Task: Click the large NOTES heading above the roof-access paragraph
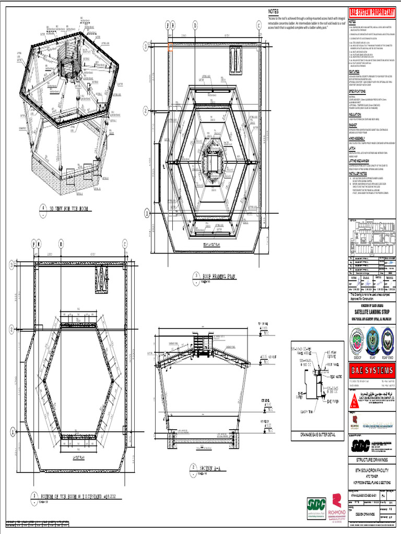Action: coord(274,11)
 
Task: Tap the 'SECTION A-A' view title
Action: coord(204,467)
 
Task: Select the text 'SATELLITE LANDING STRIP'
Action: coord(372,311)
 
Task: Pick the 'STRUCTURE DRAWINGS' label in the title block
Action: coord(372,460)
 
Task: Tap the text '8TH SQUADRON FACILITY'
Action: coord(372,470)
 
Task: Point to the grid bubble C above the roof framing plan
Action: coord(258,25)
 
